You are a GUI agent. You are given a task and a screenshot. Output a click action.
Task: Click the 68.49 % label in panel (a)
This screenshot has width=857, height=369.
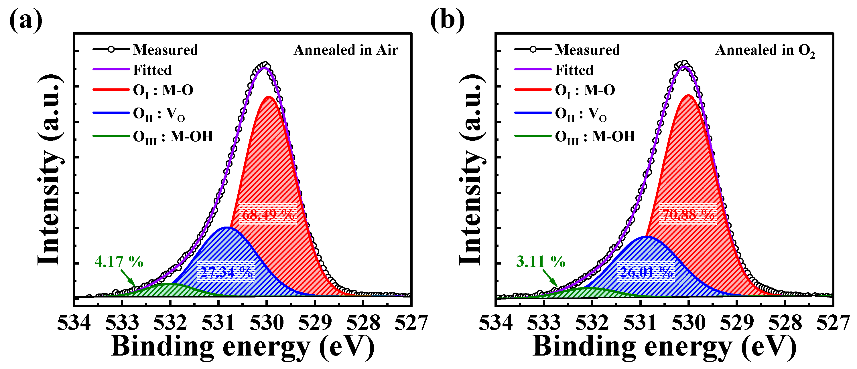coord(268,215)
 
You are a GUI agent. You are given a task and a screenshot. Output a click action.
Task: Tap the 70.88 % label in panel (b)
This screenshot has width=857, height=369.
coord(688,215)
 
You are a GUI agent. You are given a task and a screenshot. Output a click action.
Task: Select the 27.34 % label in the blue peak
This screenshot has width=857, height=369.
coord(226,272)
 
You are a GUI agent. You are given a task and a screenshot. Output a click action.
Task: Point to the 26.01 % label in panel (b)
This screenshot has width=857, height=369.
coord(646,272)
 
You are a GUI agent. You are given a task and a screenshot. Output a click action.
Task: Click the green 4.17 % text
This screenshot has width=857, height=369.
coord(119,262)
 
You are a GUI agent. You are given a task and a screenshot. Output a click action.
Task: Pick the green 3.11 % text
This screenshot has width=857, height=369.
coord(541,262)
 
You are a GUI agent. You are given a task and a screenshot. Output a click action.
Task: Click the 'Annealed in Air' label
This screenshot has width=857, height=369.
coord(346,50)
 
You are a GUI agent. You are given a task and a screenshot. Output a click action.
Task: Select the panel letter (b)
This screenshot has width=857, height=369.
coord(447,20)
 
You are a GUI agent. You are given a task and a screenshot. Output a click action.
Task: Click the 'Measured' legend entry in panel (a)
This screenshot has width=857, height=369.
coord(165,50)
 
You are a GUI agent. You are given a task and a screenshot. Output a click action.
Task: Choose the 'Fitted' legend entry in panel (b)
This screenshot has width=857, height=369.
coord(574,70)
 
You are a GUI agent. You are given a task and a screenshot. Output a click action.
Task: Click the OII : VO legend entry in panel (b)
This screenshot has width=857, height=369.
coord(580,114)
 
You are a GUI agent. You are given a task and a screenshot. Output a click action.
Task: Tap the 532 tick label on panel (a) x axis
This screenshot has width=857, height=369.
coord(170,322)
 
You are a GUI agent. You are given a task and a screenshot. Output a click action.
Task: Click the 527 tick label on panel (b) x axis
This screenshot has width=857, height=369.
coord(833,322)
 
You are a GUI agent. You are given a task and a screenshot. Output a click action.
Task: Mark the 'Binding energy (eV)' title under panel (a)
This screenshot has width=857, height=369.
coord(243,347)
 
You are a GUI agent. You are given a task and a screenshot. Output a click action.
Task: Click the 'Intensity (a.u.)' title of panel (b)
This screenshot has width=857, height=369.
coord(472,170)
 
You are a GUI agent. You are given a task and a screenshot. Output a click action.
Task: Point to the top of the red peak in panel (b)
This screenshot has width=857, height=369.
coord(688,96)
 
